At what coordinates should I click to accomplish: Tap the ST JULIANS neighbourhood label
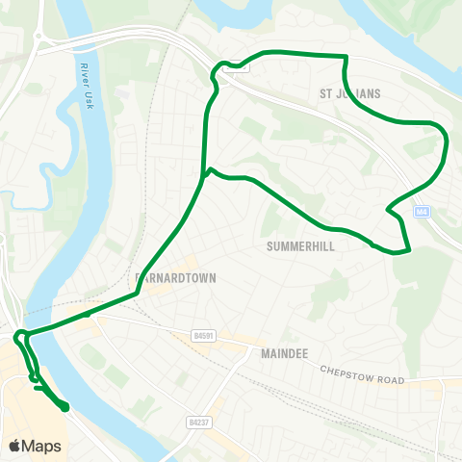[x=350, y=93]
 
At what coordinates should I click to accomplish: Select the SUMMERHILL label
[x=297, y=245]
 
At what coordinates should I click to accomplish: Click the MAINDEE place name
[x=284, y=354]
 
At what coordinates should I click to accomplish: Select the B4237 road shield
[x=198, y=422]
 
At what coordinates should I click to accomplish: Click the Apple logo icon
[x=15, y=446]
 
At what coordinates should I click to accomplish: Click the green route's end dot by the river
[x=65, y=408]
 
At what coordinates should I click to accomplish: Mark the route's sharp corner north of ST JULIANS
[x=344, y=57]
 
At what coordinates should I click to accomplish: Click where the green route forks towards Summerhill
[x=207, y=172]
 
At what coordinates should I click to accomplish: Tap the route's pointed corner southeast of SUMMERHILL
[x=410, y=250]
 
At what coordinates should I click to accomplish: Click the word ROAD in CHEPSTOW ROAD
[x=389, y=380]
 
